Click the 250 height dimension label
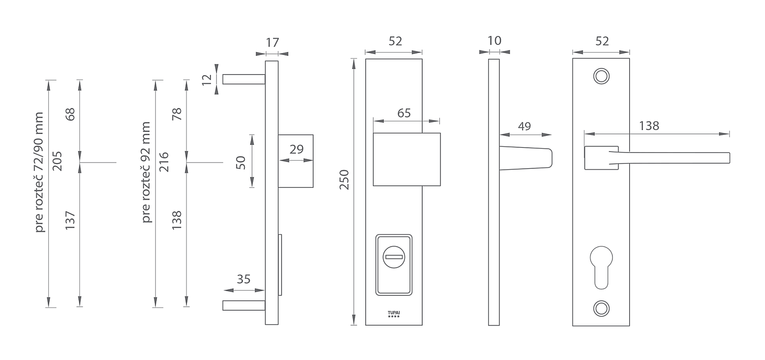coord(344,180)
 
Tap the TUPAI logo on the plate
coord(394,314)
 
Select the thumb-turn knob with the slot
coord(394,257)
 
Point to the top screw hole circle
coord(601,76)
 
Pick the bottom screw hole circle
coord(601,308)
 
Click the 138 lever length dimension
coord(649,126)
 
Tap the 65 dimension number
coord(404,113)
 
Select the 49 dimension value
coord(525,126)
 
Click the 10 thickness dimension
coord(494,41)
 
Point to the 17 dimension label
coord(273,43)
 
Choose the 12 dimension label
coord(207,79)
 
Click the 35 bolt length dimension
coord(244,279)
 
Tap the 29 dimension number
coord(296,149)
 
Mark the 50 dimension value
coord(241,163)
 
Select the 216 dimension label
coord(164,162)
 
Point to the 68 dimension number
coord(70,114)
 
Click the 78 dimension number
coord(177,114)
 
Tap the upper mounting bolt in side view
coord(244,79)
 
